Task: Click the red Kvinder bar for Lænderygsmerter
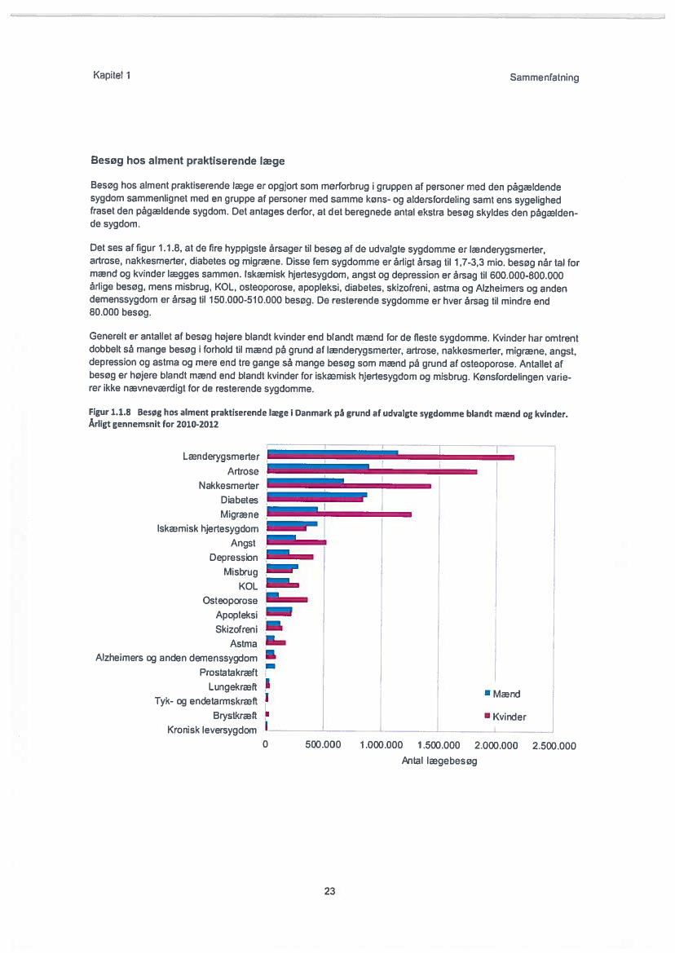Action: click(x=391, y=457)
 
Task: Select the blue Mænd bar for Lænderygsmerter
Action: click(x=333, y=452)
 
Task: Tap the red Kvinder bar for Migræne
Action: click(x=340, y=514)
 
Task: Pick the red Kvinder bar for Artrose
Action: click(x=373, y=471)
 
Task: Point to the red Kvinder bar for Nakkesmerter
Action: click(x=349, y=486)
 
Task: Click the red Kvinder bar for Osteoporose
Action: click(x=288, y=600)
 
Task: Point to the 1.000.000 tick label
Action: click(x=381, y=745)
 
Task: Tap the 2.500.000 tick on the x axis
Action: click(x=554, y=745)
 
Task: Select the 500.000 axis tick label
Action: click(x=323, y=745)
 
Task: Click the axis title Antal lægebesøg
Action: click(x=439, y=760)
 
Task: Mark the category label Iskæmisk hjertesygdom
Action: click(x=208, y=529)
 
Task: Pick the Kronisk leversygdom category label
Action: click(x=213, y=730)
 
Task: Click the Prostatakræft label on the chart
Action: click(x=228, y=673)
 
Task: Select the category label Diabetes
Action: click(x=239, y=500)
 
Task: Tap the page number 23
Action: click(x=329, y=891)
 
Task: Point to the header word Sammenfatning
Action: click(x=544, y=77)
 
